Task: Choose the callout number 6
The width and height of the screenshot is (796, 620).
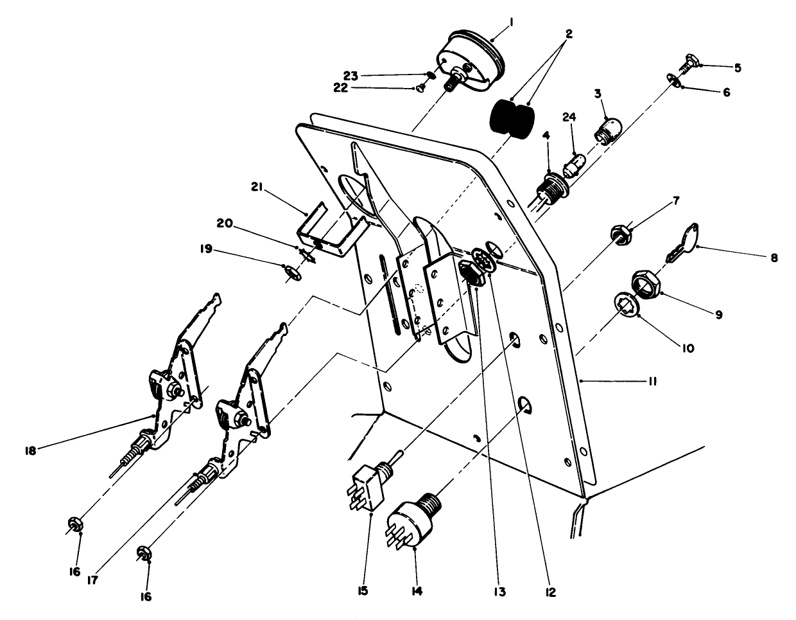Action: click(727, 92)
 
